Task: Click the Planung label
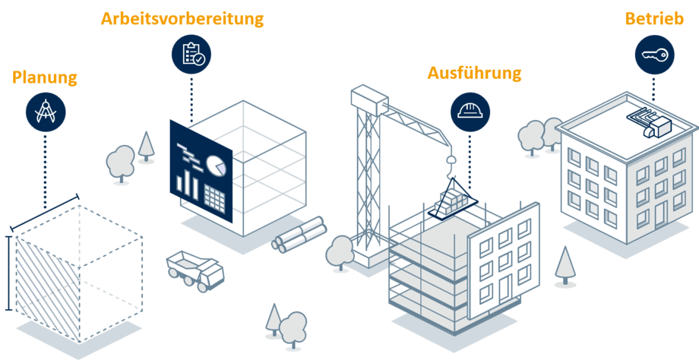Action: [45, 77]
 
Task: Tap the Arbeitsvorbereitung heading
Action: [183, 18]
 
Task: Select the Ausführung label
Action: [474, 73]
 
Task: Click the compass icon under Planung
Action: [45, 113]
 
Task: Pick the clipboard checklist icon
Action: [191, 54]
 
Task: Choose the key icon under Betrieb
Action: [655, 55]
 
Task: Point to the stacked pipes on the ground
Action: [299, 235]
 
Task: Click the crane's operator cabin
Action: [369, 99]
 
